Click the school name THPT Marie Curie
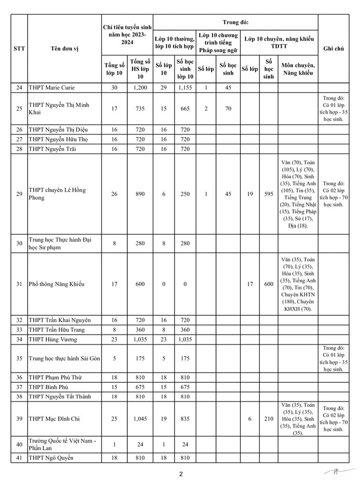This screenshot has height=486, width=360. (54, 88)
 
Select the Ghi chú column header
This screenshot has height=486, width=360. (333, 48)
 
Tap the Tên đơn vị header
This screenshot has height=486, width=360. (64, 48)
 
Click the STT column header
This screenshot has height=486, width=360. (19, 48)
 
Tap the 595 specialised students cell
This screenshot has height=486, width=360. (268, 194)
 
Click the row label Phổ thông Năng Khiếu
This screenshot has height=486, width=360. (57, 284)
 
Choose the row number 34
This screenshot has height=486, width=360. (19, 339)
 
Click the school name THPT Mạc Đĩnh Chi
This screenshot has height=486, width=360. (54, 419)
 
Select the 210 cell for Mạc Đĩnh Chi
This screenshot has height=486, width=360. (268, 419)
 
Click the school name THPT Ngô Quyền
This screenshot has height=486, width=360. (51, 458)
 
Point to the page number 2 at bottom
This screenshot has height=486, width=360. (180, 475)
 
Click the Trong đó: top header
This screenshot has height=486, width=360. (235, 22)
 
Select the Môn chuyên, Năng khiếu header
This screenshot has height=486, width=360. (298, 70)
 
